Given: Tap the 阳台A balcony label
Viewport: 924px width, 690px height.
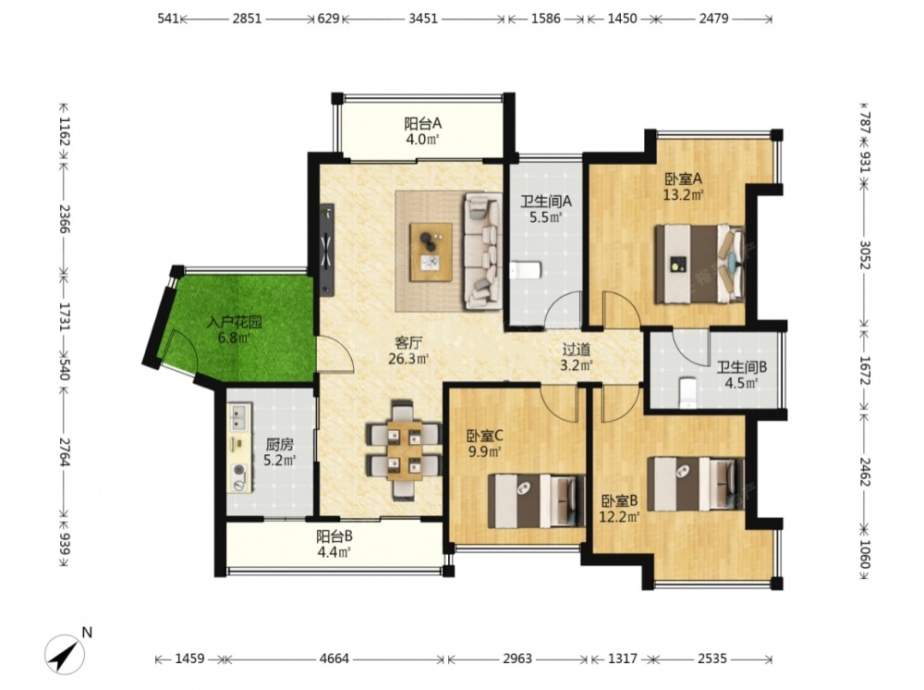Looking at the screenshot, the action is [x=422, y=124].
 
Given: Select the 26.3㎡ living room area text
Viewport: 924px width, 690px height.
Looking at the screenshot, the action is [x=407, y=359].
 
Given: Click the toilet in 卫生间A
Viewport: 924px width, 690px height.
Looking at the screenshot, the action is [x=525, y=271].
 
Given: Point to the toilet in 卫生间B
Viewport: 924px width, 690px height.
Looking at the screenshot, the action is [x=687, y=393].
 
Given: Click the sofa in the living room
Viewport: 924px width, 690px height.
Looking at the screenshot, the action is [x=483, y=252].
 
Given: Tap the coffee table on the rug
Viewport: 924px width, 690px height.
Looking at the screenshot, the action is [x=432, y=252].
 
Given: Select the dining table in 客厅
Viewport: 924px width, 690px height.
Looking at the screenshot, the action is [x=405, y=451].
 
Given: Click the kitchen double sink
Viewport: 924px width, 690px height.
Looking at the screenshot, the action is [x=240, y=418].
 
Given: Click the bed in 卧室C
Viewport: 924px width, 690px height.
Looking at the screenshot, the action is [x=536, y=500].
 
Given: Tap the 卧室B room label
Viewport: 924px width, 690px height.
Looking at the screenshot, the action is [x=619, y=501].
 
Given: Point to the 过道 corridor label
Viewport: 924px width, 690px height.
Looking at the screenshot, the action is [x=576, y=350].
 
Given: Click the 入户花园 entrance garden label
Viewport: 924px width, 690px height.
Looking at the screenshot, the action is [x=234, y=323].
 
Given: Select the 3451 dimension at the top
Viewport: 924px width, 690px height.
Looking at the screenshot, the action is [x=423, y=18].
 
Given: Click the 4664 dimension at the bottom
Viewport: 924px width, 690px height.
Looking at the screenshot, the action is [x=334, y=659].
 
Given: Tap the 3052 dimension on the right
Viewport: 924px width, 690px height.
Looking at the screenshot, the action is [x=865, y=254].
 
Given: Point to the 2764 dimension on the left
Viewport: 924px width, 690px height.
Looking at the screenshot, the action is [x=65, y=451].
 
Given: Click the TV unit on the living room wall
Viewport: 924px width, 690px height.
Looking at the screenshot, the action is [x=327, y=250].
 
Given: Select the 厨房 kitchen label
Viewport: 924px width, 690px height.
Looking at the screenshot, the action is [x=279, y=445].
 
